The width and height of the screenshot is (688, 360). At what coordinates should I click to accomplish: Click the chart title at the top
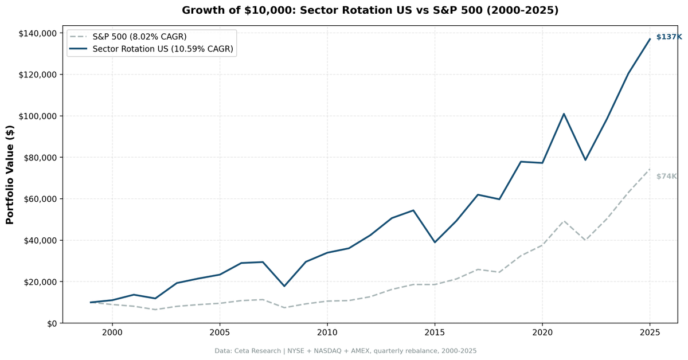[370, 10]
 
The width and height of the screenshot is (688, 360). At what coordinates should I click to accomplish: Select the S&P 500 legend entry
[139, 37]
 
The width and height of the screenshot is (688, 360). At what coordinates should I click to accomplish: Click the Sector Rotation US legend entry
[163, 49]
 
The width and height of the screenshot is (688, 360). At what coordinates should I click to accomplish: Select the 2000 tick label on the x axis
[112, 332]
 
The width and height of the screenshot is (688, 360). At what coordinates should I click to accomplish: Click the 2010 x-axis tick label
[327, 332]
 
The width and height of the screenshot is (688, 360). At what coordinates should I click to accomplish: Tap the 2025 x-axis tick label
[650, 332]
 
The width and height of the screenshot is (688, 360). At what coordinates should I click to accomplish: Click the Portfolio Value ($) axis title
[10, 175]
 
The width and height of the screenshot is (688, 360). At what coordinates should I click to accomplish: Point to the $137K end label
[669, 37]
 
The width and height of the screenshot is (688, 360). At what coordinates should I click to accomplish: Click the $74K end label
[666, 177]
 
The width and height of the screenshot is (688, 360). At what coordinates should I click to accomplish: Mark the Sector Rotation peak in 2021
[564, 114]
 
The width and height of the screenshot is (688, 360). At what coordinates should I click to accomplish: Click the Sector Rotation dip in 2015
[435, 242]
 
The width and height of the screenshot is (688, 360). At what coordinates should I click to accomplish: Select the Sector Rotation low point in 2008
[284, 286]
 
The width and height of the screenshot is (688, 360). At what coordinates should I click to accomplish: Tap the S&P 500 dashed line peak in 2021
[564, 221]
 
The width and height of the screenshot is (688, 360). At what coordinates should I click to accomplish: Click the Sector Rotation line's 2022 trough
[585, 160]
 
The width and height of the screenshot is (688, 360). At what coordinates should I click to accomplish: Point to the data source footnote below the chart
[346, 351]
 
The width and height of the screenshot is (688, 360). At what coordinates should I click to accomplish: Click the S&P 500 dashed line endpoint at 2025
[650, 169]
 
